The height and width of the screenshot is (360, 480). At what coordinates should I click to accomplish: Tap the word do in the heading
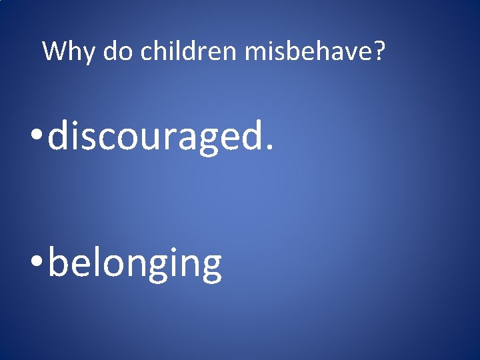click(x=118, y=51)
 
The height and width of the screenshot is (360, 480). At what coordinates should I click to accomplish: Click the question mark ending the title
click(x=379, y=51)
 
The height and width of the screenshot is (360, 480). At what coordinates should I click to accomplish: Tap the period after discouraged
click(x=269, y=148)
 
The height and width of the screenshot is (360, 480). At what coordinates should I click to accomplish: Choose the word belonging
click(x=135, y=264)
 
